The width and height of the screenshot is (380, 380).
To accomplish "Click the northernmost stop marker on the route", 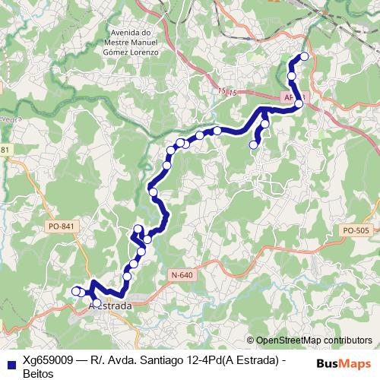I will [304, 55].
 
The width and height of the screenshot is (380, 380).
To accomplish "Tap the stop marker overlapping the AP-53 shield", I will [299, 103].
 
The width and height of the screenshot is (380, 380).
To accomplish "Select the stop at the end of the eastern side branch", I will [254, 144].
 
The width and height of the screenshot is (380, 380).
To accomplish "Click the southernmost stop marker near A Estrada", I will [97, 303].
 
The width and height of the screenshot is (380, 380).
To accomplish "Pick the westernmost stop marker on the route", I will [75, 291].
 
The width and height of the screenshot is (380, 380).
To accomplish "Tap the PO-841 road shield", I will [60, 226].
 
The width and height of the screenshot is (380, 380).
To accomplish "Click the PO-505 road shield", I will [356, 230].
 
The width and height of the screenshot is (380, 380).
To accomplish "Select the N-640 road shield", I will [182, 275].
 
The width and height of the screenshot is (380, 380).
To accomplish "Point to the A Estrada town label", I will [111, 306].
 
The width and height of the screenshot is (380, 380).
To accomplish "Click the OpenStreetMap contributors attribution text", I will [314, 340].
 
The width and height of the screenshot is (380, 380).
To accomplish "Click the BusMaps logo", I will [344, 363].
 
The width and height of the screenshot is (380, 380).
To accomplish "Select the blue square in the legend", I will [9, 363].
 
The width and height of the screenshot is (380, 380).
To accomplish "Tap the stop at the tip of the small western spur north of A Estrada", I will [138, 230].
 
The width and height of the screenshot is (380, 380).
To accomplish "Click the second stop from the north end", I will [292, 76].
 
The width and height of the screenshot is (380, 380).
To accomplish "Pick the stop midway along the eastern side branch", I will [265, 124].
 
